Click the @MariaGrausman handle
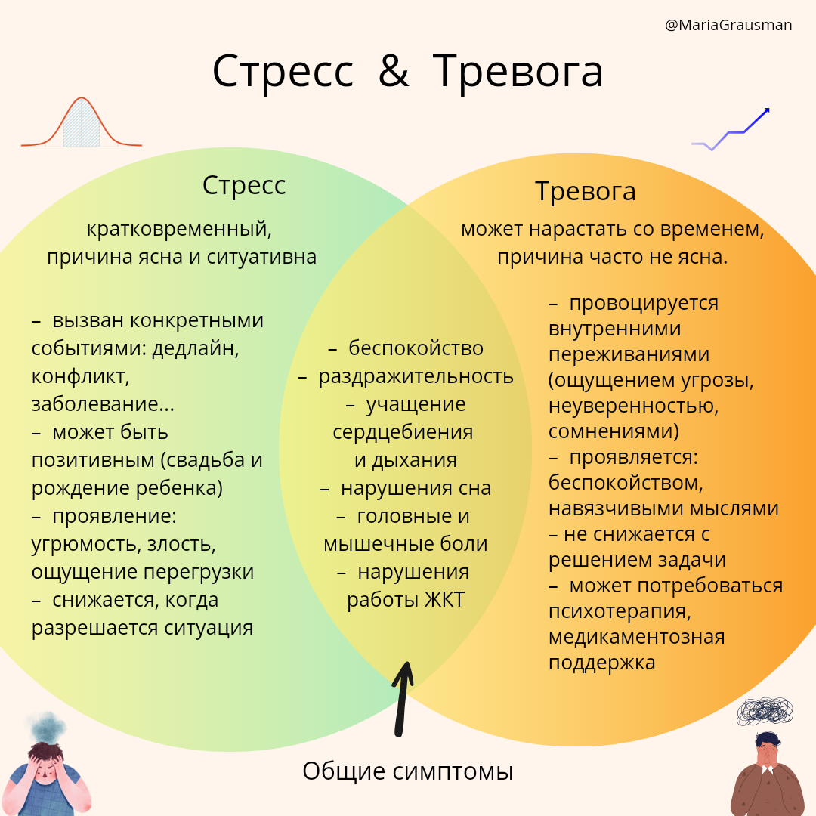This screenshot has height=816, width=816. (728, 26)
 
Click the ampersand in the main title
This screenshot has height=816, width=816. (393, 72)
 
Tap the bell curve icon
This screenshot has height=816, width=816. (82, 122)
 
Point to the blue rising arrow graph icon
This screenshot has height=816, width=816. (731, 130)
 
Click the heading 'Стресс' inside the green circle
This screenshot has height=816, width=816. (244, 186)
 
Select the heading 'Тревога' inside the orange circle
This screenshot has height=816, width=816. (585, 191)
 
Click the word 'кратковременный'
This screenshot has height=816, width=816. (178, 227)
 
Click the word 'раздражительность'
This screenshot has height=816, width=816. (416, 376)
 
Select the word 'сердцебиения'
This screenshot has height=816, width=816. (403, 432)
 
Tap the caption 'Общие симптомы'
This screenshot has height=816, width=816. (408, 771)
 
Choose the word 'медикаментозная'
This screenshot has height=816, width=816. (636, 637)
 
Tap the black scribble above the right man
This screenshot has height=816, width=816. (765, 711)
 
